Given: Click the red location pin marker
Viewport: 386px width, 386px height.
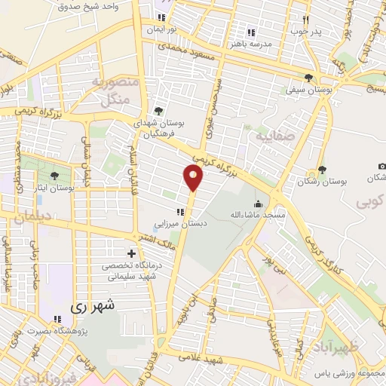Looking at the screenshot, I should pos(194,177).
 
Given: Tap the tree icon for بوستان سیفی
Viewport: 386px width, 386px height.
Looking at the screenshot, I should pos(309,78).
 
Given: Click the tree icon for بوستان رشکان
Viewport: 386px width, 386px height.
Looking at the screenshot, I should pos(323,170).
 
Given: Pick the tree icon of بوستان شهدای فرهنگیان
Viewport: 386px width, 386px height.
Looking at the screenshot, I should pos(158,111).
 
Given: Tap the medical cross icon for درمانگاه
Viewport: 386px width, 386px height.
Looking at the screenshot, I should pos(132,253).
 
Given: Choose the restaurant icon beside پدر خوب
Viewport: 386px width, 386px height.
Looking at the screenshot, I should pos(305,20).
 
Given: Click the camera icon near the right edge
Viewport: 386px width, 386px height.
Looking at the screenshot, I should pos(381,166).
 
